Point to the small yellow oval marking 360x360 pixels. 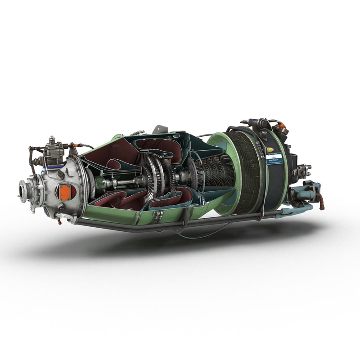pos(270,150)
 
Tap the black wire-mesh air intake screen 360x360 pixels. pos(247,171)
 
